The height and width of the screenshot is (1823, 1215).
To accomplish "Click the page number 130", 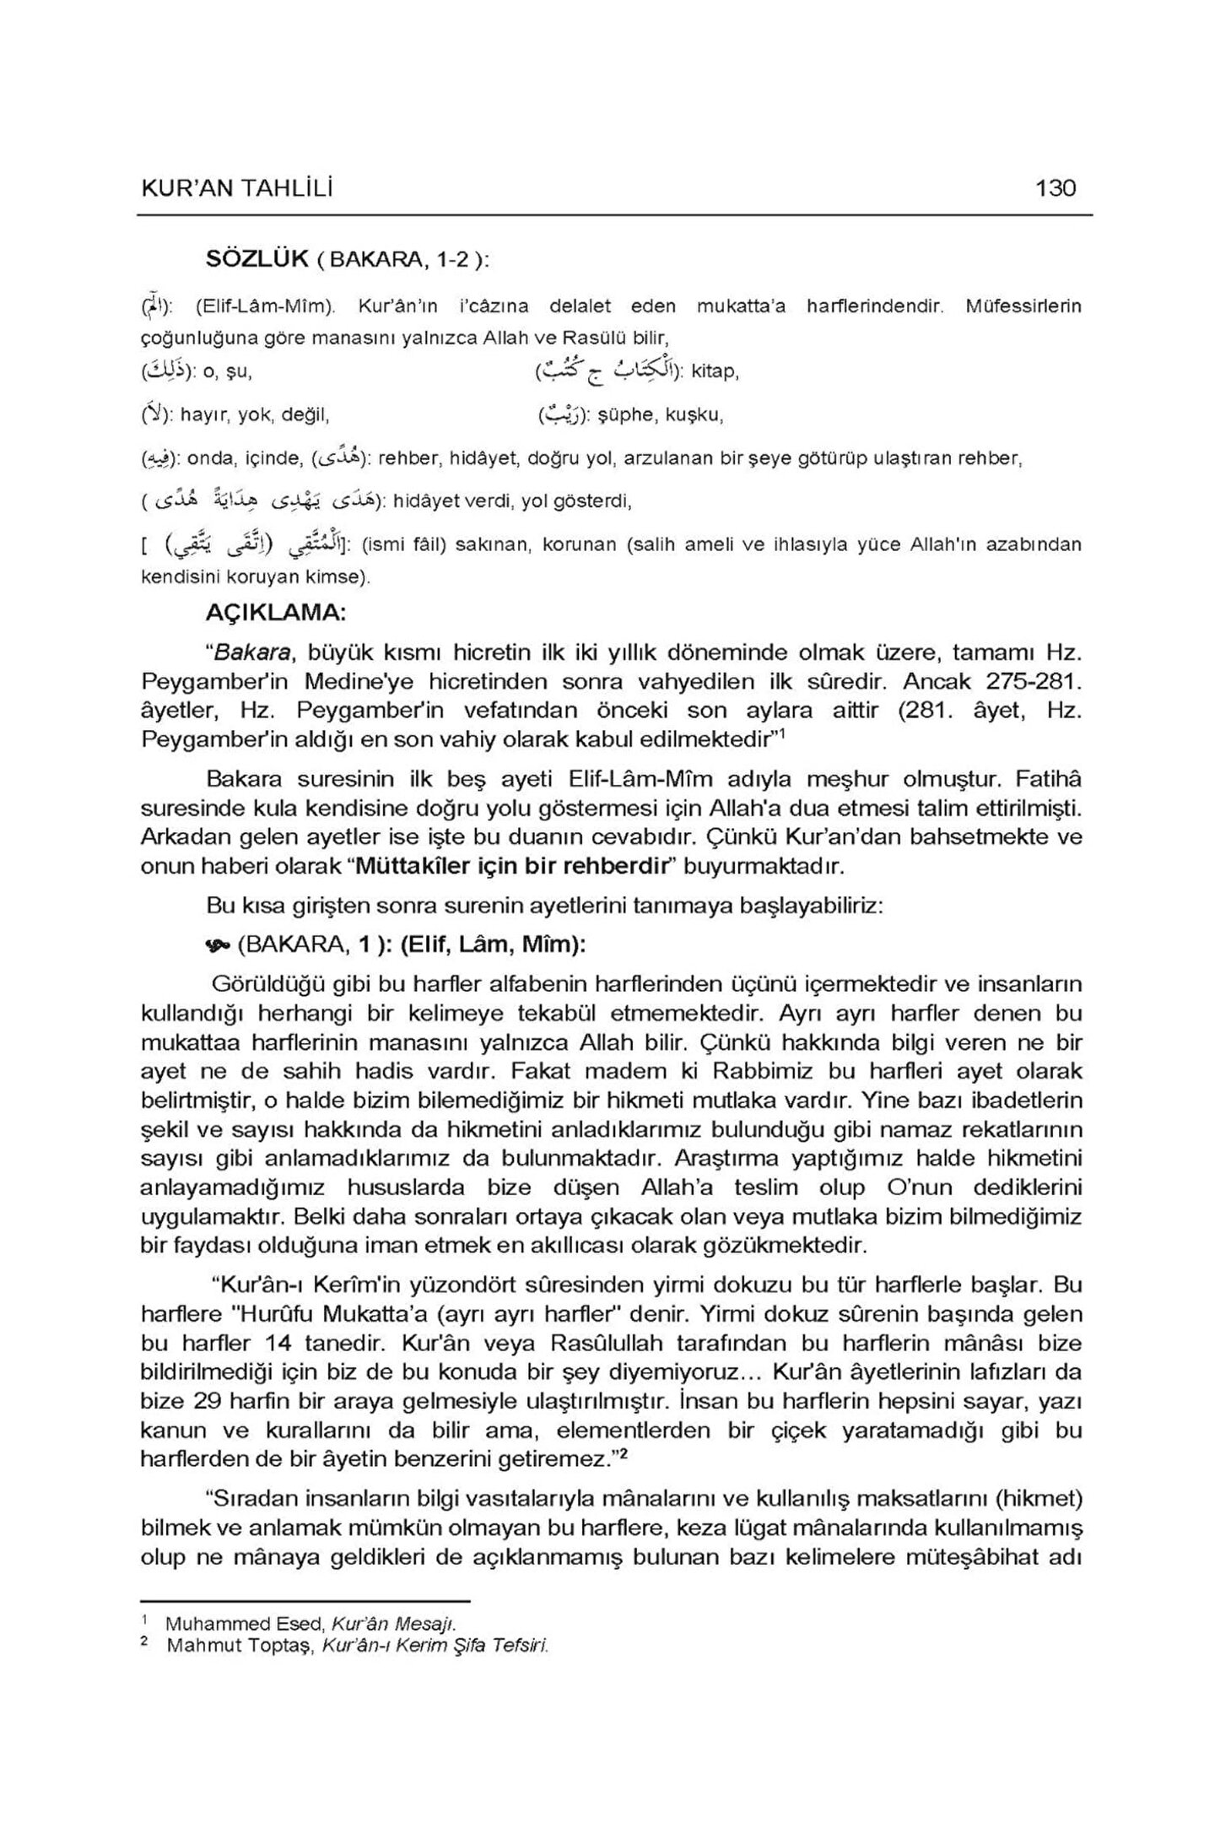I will tap(1056, 187).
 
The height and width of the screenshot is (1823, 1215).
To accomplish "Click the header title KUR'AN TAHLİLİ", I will tap(237, 188).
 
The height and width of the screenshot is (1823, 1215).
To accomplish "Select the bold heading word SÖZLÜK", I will tap(257, 259).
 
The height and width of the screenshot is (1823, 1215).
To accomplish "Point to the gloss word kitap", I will tap(715, 371).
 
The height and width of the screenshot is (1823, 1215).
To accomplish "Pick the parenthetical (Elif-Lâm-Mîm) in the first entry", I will tap(259, 306).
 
